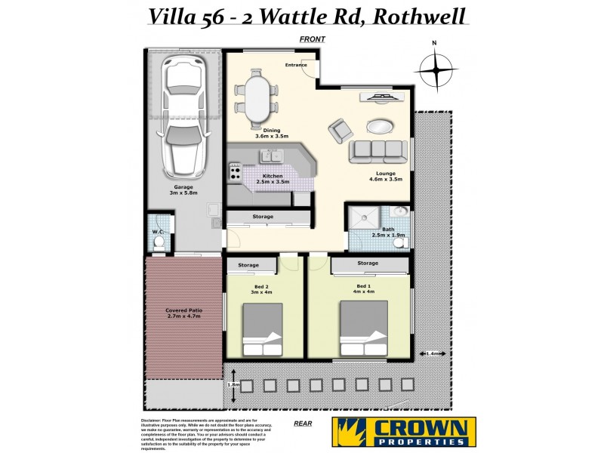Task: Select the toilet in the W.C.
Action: [159, 242]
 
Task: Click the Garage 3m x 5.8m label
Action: [184, 190]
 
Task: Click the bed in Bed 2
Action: [262, 330]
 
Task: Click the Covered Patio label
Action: [183, 313]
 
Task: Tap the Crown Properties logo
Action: [404, 432]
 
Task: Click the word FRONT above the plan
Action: [311, 39]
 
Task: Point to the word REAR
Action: [303, 424]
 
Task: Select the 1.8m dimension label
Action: [233, 384]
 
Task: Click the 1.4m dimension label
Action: [433, 353]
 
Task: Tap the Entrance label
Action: [296, 65]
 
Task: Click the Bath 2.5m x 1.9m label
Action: [389, 231]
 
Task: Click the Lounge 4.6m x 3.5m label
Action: [385, 176]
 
